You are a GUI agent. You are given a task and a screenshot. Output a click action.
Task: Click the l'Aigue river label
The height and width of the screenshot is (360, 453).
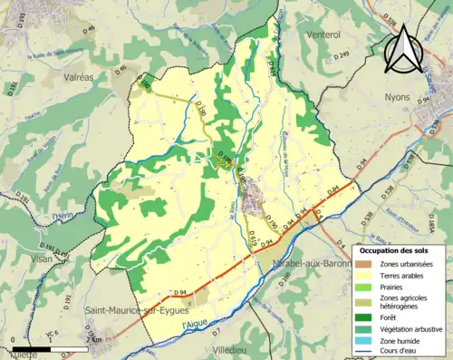point(195,324)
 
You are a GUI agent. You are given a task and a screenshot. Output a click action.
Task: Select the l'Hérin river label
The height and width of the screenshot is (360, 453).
point(63,215)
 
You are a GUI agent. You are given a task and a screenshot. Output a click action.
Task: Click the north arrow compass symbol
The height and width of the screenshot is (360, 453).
point(401,49)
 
